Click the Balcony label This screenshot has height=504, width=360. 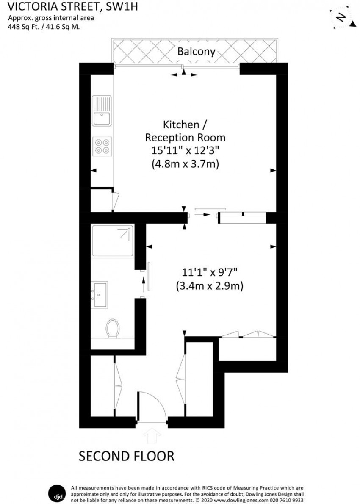[x=196, y=52]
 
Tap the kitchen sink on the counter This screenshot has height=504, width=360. [x=102, y=111]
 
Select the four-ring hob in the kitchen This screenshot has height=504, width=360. [x=102, y=146]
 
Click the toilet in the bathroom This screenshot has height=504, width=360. [x=113, y=328]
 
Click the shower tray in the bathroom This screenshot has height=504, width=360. [x=113, y=241]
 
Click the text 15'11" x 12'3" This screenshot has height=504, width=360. [x=185, y=150]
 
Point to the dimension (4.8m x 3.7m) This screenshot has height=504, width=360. [x=185, y=163]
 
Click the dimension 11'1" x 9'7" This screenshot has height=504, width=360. [x=209, y=273]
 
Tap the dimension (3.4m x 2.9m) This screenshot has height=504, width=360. [x=209, y=286]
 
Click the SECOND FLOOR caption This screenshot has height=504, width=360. [x=127, y=456]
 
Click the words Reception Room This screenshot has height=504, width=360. [x=185, y=138]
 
